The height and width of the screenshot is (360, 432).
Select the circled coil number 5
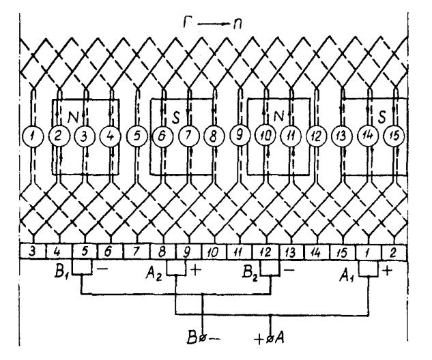[138, 135]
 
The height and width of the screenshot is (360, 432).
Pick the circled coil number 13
[340, 135]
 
